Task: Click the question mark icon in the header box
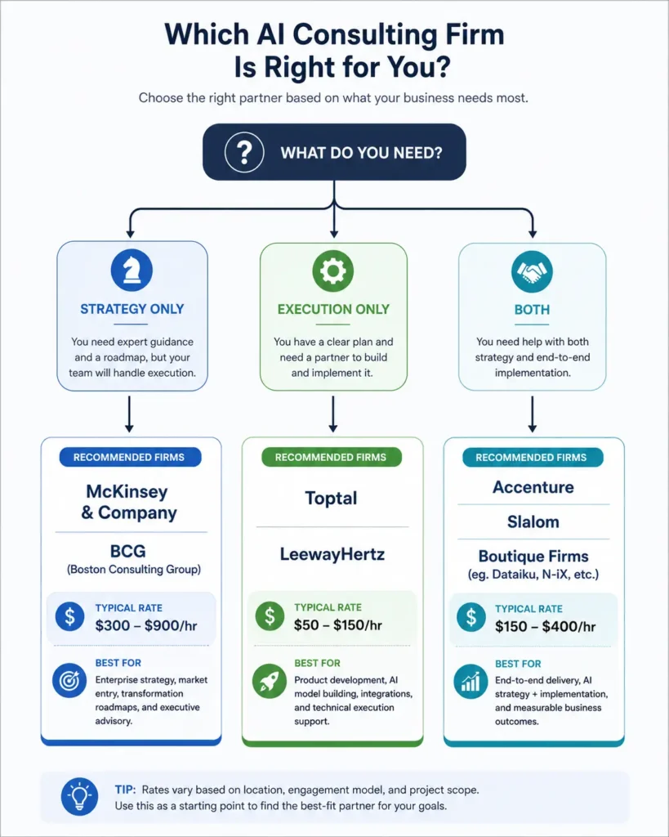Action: pos(244,152)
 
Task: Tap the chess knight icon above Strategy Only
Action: pos(132,270)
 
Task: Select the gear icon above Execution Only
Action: pos(333,271)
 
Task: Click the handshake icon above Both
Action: pos(532,271)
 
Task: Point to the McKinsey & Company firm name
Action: pos(128,502)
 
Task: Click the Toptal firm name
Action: pos(331,498)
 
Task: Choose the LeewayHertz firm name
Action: pos(332,554)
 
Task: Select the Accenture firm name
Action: pos(533,487)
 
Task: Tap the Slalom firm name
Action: pos(533,521)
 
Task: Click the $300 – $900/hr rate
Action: pos(146,625)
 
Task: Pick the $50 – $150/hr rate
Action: pos(337,625)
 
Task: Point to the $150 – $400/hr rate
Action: pos(545,627)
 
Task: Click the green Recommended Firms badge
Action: pos(332,457)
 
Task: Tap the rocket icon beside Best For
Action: pos(270,681)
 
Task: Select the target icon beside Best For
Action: pos(69,681)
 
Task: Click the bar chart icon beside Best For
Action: pos(471,682)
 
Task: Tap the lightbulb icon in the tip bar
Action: pos(79,797)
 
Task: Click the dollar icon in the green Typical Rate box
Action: pos(270,616)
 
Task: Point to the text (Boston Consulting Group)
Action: pos(134,570)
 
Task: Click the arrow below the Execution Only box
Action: pos(333,414)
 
